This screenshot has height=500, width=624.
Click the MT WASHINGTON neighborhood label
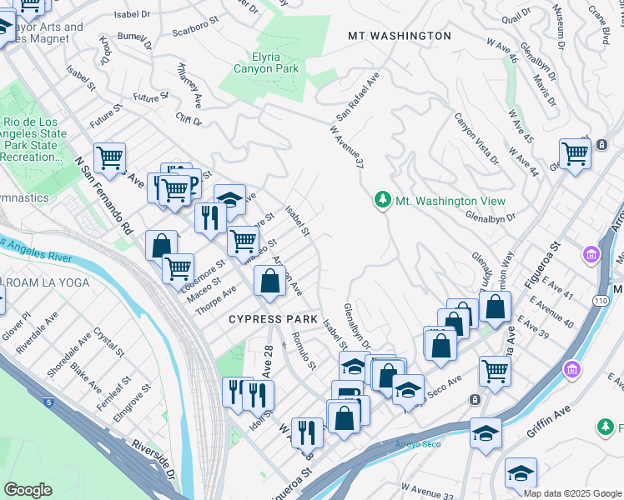[x=400, y=36]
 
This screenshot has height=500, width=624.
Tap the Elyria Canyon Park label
[x=263, y=63]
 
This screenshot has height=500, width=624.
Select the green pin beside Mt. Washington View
[x=382, y=201]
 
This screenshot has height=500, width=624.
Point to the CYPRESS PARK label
[x=274, y=319]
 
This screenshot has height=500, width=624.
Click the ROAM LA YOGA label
[x=33, y=282]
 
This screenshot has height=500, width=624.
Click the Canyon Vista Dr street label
[x=476, y=138]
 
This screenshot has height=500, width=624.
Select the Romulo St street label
[x=304, y=351]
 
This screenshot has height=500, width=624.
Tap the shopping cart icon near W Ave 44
[x=575, y=153]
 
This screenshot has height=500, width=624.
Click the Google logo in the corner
[x=28, y=490]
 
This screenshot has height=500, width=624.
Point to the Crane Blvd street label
[x=598, y=18]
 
